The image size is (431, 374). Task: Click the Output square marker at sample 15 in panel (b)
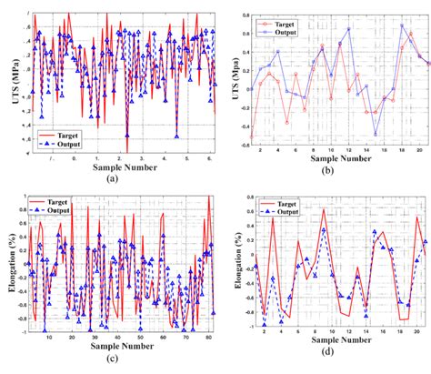click(x=376, y=134)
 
